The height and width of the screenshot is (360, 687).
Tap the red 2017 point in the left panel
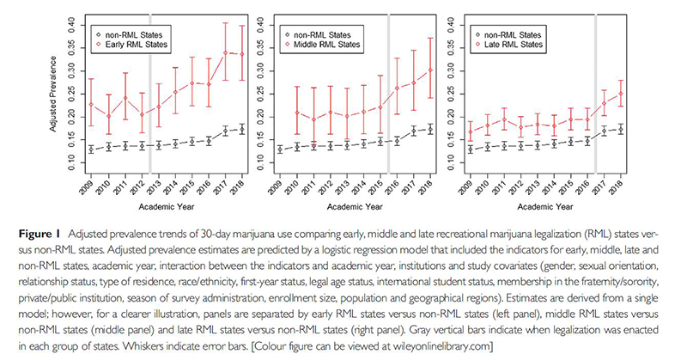(225, 53)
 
